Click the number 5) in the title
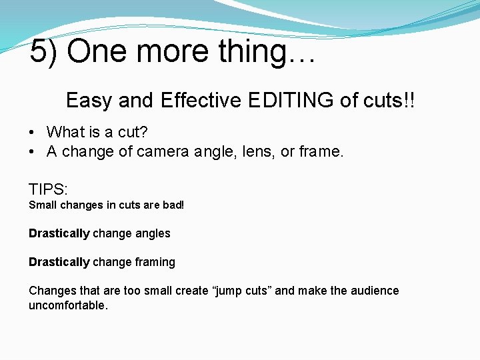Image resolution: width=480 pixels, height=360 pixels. (x=43, y=52)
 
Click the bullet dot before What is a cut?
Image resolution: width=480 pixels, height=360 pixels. (x=32, y=133)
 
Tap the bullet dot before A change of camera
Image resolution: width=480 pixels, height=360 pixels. (x=32, y=152)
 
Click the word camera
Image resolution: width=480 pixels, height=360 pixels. (x=163, y=152)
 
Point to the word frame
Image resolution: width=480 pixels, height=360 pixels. (x=320, y=151)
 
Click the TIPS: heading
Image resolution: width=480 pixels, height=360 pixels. (x=47, y=189)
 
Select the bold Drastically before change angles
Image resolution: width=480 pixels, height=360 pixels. (x=59, y=233)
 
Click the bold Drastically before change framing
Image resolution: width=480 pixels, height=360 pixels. (x=59, y=262)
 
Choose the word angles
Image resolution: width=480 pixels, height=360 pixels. (x=154, y=234)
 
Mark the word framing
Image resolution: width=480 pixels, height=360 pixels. (x=155, y=263)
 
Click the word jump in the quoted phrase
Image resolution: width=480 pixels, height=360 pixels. (x=229, y=291)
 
